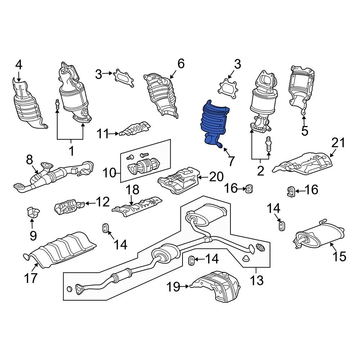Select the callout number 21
pyautogui.click(x=338, y=143)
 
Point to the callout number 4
pyautogui.click(x=19, y=65)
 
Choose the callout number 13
pyautogui.click(x=257, y=280)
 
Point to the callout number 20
pyautogui.click(x=216, y=177)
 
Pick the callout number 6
pyautogui.click(x=181, y=64)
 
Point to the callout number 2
pyautogui.click(x=260, y=171)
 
